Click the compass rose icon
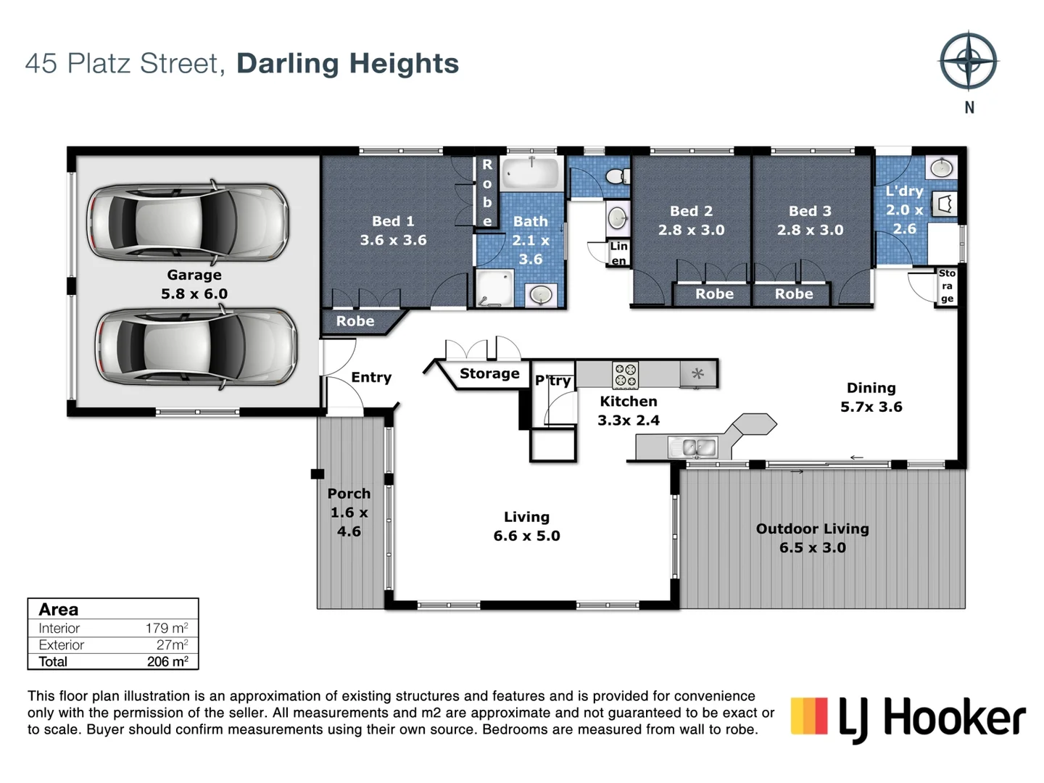click(969, 61)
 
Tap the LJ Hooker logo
click(908, 718)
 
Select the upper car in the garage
click(188, 222)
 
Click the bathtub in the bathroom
click(531, 174)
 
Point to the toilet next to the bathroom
click(617, 176)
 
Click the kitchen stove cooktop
click(626, 375)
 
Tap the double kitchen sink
click(693, 447)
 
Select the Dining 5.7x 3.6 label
click(871, 397)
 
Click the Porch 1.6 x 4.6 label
click(349, 512)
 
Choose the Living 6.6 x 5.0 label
click(526, 526)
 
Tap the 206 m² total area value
click(167, 661)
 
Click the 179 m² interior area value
click(167, 628)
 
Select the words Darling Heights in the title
click(347, 64)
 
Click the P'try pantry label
click(553, 381)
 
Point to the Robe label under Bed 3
click(794, 294)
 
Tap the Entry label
click(371, 377)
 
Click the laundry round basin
click(941, 168)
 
